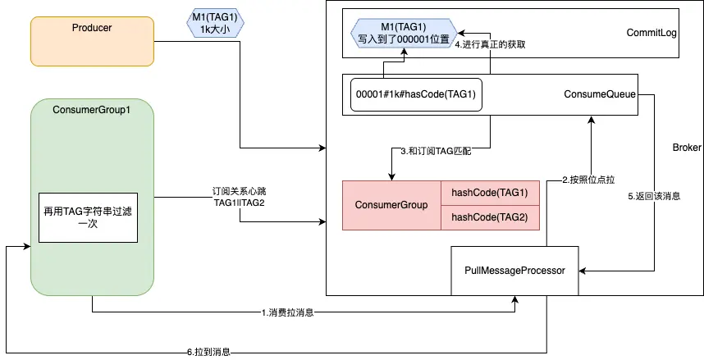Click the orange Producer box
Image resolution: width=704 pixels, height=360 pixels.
tap(92, 40)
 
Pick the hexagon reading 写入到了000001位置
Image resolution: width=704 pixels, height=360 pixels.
tap(403, 32)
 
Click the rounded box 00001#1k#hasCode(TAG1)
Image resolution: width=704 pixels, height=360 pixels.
tap(416, 95)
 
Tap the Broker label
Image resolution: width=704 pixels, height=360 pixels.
tap(686, 148)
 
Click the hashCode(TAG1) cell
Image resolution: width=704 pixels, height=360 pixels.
tap(490, 193)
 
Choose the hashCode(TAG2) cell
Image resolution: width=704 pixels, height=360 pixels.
tap(490, 217)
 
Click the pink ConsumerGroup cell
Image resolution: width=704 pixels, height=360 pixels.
tap(391, 205)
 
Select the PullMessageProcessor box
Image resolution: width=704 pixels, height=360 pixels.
tap(514, 270)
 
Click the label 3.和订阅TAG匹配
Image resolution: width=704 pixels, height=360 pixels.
tap(436, 152)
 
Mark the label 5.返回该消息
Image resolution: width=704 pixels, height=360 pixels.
tap(654, 197)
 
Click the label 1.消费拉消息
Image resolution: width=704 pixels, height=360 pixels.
tap(288, 312)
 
